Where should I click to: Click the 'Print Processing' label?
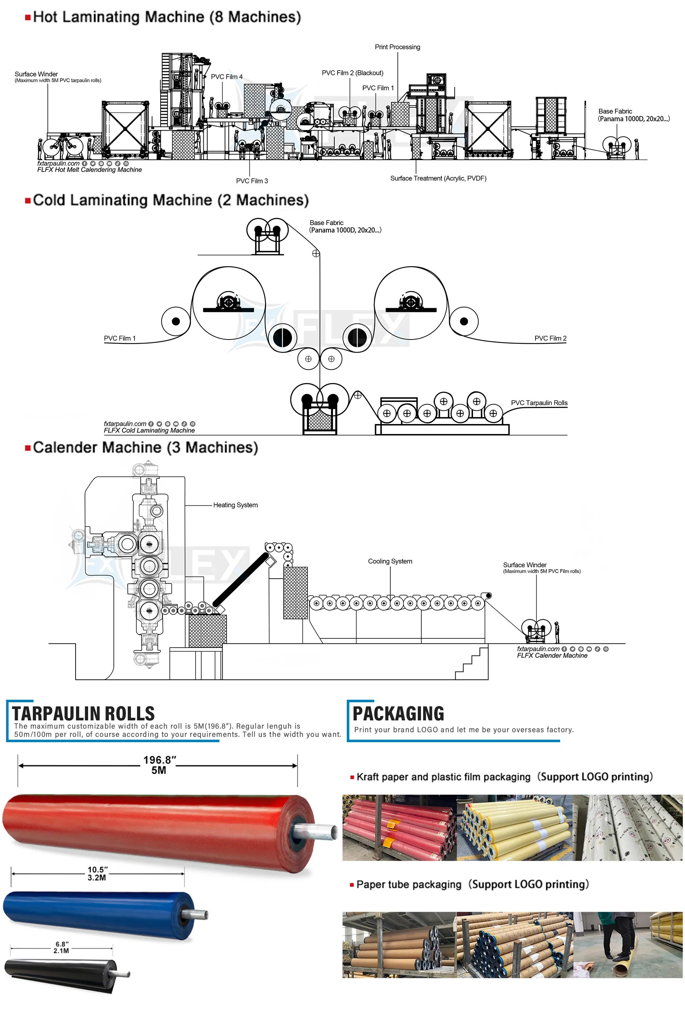point(397,47)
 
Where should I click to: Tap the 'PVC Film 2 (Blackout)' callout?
point(352,73)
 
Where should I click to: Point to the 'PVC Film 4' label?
point(227,77)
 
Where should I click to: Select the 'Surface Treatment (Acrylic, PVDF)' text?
point(438,178)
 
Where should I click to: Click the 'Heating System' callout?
point(235,505)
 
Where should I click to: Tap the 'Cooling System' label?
point(390,561)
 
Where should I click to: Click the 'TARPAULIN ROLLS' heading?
point(83,714)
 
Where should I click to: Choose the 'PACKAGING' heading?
point(398,714)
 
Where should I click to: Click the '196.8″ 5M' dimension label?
point(159,765)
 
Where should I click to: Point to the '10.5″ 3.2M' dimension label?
point(97,873)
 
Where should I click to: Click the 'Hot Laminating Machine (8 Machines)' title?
point(167,17)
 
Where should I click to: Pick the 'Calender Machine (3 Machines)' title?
point(145,447)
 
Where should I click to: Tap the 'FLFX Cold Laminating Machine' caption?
point(149,430)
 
